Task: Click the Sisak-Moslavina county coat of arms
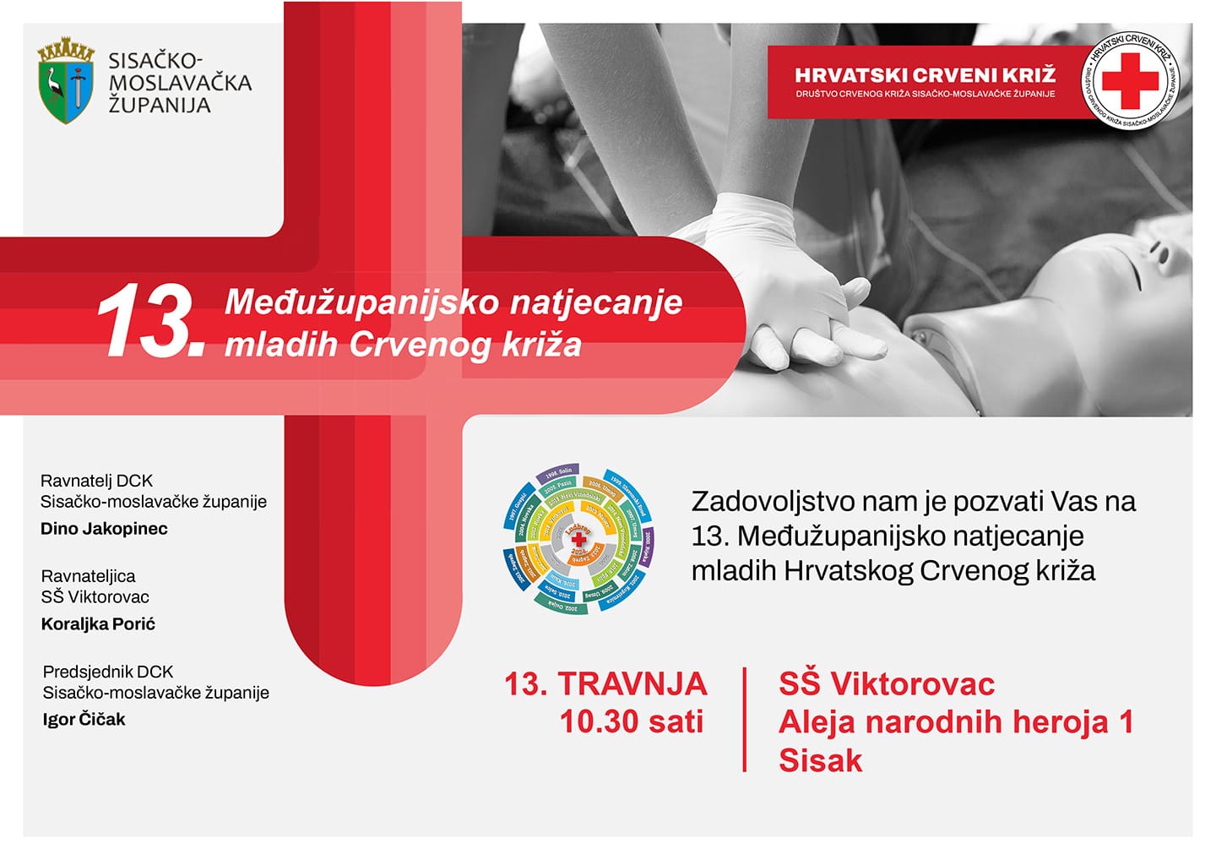click(65, 81)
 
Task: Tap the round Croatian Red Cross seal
click(1131, 81)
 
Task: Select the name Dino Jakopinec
click(104, 529)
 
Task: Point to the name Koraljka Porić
click(98, 624)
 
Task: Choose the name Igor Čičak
click(84, 720)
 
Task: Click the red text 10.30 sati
click(631, 722)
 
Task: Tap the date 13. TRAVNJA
click(605, 683)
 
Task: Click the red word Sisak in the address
click(820, 760)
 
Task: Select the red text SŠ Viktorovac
click(886, 683)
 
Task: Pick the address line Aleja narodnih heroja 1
click(955, 722)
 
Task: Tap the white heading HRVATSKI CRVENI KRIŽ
click(925, 75)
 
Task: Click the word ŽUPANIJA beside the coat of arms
click(160, 106)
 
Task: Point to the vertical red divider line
click(744, 719)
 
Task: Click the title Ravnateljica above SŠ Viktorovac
click(88, 576)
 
